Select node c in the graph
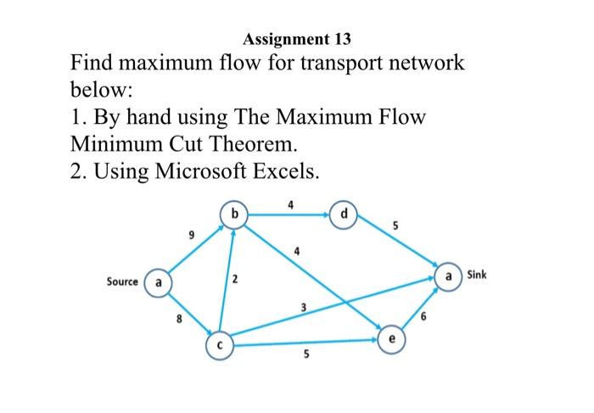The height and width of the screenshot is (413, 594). click(219, 345)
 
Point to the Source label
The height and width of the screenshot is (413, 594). click(122, 282)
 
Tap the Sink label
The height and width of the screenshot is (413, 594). click(477, 276)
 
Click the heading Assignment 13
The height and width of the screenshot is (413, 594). click(295, 39)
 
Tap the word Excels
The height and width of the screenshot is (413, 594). click(281, 171)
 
